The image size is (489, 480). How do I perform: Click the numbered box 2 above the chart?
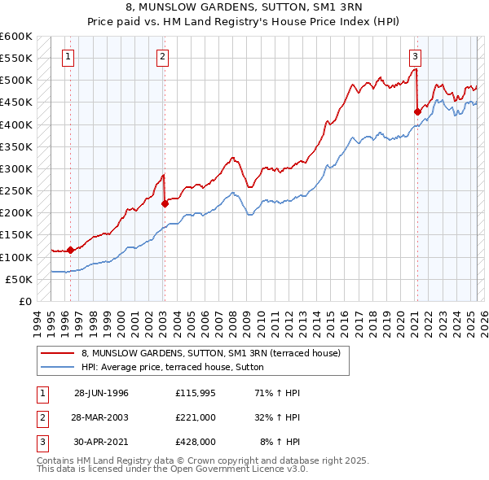[163, 57]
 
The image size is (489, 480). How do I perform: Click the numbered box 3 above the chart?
[415, 57]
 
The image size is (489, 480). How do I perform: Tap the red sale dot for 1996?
[71, 250]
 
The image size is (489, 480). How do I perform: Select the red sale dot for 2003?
[164, 204]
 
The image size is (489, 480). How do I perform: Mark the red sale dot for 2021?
[417, 112]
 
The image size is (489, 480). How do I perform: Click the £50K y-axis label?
[20, 279]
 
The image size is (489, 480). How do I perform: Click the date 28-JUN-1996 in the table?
[101, 393]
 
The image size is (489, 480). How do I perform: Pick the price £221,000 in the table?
[196, 417]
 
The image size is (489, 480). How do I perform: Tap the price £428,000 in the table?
[196, 442]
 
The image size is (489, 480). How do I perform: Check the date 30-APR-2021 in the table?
[101, 442]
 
